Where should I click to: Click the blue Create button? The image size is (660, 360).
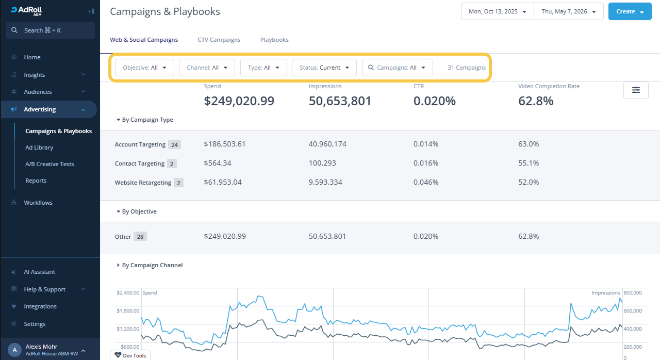coord(630,11)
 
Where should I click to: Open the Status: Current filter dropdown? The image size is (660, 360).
coord(324,68)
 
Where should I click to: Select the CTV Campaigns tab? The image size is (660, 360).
coord(219,40)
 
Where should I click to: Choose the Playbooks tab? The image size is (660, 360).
coord(274,40)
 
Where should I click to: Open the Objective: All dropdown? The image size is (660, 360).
coord(144,68)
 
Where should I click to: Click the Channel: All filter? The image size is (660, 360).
coord(207,68)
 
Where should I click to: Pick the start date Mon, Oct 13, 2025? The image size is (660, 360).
coord(498,11)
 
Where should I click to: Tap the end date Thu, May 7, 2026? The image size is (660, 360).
coord(569,11)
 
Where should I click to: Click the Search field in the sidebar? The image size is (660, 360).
coord(51,30)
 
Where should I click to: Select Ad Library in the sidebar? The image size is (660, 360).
coord(39,148)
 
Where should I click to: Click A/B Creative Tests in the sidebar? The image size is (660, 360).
coord(49,164)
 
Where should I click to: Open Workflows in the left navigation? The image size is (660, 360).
coord(38,203)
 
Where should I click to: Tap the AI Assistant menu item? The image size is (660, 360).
coord(40,272)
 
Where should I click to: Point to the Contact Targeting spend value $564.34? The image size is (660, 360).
coord(218,163)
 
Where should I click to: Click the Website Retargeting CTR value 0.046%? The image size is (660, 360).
coord(426,183)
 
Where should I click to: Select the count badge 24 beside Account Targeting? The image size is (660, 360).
coord(174,144)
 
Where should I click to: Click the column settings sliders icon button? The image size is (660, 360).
coord(636,90)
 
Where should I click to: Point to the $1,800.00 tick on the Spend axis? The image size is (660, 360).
coord(128,311)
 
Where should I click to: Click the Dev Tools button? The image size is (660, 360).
coord(130,355)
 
